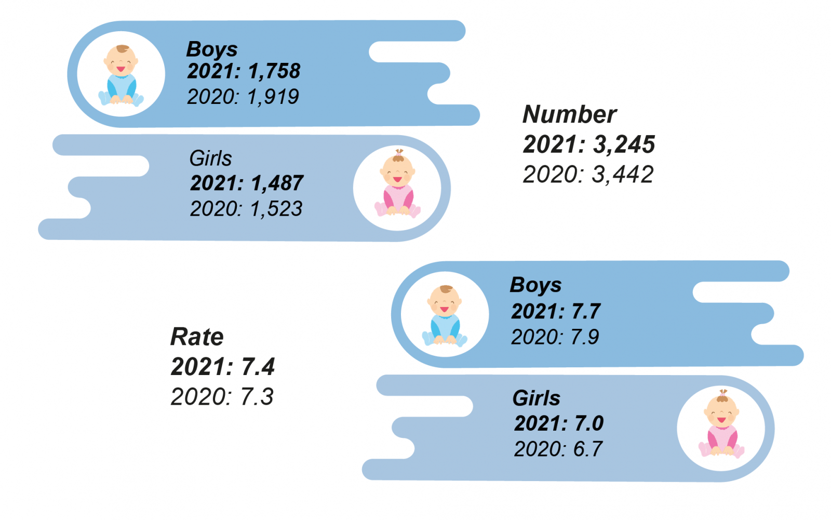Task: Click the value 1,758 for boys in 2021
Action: coord(274,71)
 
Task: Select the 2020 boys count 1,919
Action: coord(273,97)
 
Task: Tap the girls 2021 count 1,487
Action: coord(277,183)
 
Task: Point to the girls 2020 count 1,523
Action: coord(276,209)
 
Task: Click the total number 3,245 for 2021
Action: coord(624,144)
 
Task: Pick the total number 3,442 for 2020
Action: coord(623,175)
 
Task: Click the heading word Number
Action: coord(569,114)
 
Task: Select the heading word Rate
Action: coord(197,337)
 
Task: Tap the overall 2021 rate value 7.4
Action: coord(258,367)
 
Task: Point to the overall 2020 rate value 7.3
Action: coord(257,397)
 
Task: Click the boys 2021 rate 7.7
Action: coord(585,312)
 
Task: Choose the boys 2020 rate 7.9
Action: coord(584,337)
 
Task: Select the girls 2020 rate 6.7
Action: coord(587,449)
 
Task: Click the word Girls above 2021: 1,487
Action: coord(210,158)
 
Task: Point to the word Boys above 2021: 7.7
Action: coord(535,285)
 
